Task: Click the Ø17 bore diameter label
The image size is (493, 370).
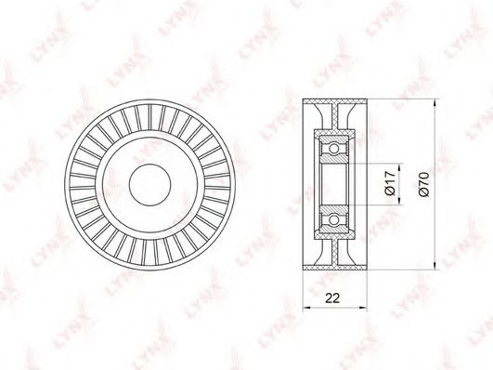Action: [390, 184]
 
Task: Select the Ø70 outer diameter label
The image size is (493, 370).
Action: [423, 184]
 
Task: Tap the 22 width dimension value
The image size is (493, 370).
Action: [332, 297]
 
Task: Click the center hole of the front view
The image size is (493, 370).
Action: [150, 185]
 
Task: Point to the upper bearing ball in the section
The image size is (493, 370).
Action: [334, 148]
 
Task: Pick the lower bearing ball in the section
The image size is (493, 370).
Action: [334, 220]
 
